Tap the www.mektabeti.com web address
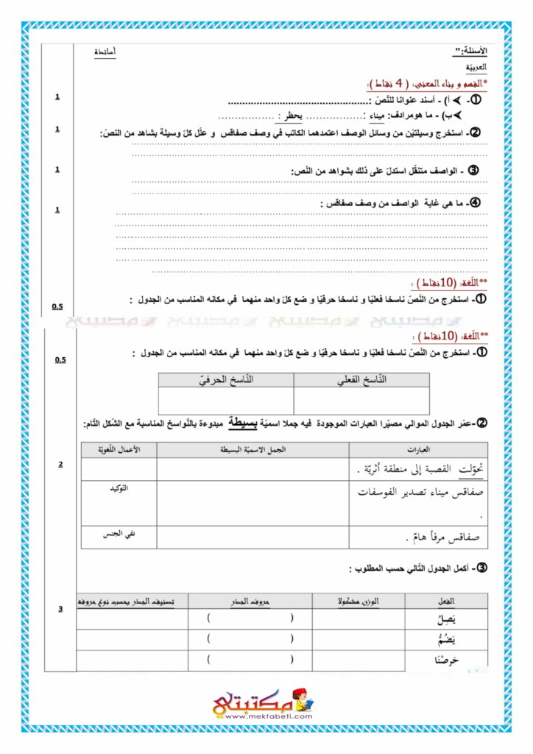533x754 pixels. point(267,716)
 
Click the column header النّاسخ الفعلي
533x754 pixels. point(361,380)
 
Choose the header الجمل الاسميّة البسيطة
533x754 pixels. point(253,449)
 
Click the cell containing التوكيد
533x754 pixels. point(118,488)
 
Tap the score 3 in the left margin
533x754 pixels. point(60,608)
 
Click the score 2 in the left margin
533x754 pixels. point(60,465)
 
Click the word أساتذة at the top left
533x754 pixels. point(105,52)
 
